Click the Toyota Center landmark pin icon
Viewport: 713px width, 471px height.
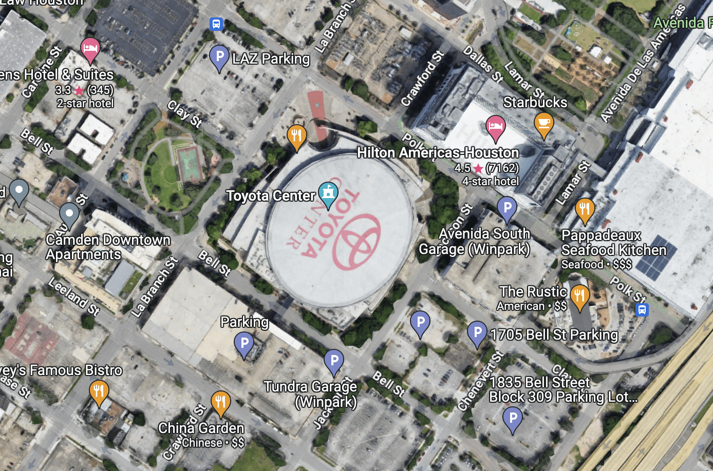coord(328,192)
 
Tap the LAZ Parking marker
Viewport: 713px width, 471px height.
coord(219,56)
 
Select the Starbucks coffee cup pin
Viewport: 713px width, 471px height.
coord(543,123)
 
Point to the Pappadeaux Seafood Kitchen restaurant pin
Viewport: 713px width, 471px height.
coord(585,209)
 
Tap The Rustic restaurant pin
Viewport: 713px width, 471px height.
coord(579,296)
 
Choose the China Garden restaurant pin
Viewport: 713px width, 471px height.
coord(220,402)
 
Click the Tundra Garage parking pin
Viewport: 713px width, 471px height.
coord(334,361)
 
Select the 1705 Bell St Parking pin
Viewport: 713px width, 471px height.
coord(477,332)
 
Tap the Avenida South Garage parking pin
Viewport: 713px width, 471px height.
coord(507,208)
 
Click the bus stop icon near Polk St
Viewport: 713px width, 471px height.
coord(642,310)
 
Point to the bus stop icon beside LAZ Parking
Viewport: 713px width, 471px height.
coord(216,24)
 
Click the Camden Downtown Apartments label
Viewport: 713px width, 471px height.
coord(108,247)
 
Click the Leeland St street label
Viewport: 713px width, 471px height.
coord(74,296)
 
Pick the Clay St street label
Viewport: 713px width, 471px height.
coord(184,113)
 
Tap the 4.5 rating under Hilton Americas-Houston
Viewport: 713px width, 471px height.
coord(462,168)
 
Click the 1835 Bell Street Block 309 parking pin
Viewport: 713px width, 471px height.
coord(512,418)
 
